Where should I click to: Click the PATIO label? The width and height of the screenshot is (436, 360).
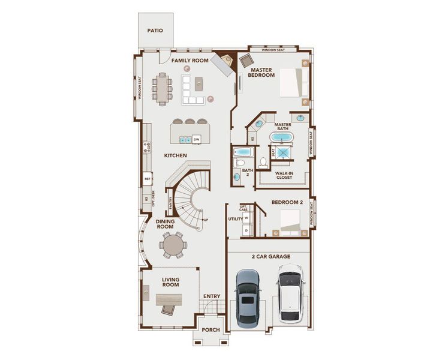tap(155, 31)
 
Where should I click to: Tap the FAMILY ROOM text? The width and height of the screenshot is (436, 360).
tap(190, 61)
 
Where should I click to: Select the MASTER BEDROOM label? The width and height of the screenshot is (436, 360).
tap(263, 72)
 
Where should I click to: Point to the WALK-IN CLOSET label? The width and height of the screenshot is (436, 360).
tap(284, 175)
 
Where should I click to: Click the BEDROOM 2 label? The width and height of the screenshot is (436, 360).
tap(287, 202)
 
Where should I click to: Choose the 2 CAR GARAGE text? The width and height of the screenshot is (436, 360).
tap(270, 256)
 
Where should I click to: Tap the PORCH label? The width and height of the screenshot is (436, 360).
tap(211, 329)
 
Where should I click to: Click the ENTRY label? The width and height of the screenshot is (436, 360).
tap(211, 296)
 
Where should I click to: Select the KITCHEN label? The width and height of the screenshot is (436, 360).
tap(176, 155)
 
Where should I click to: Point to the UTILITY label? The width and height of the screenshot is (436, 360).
tap(234, 219)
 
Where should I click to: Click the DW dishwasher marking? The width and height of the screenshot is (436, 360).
tap(196, 139)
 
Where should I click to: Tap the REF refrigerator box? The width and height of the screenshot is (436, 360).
tap(147, 179)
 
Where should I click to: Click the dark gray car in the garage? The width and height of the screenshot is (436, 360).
tap(248, 298)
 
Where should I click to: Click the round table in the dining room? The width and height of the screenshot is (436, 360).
tap(172, 245)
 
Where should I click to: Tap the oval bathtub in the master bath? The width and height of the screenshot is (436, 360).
tap(281, 137)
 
